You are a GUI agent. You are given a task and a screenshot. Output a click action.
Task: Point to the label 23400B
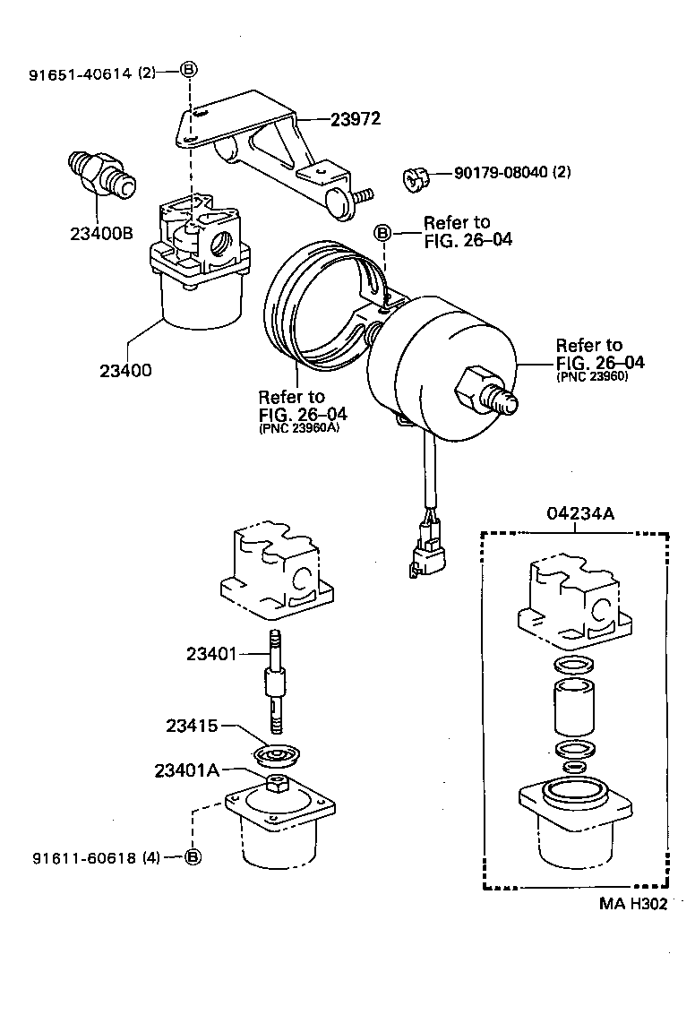(101, 234)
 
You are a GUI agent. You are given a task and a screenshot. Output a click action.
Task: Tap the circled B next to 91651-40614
(190, 71)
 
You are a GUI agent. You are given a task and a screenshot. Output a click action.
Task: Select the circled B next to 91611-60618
(193, 857)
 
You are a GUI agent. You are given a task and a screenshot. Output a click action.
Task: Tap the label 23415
(192, 725)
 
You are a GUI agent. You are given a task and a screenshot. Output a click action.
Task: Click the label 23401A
(186, 770)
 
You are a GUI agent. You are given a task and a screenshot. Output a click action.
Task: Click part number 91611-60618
(84, 857)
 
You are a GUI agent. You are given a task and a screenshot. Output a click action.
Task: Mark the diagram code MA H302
(633, 904)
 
